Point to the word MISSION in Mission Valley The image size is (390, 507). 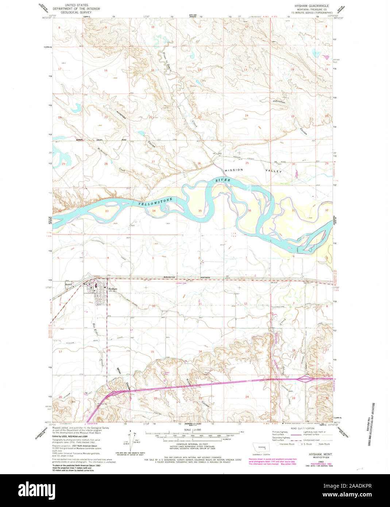pos(233,170)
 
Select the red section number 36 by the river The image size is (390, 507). pos(250,210)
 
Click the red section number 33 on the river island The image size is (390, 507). pos(107,211)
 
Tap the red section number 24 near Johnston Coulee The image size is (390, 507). pos(247,116)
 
